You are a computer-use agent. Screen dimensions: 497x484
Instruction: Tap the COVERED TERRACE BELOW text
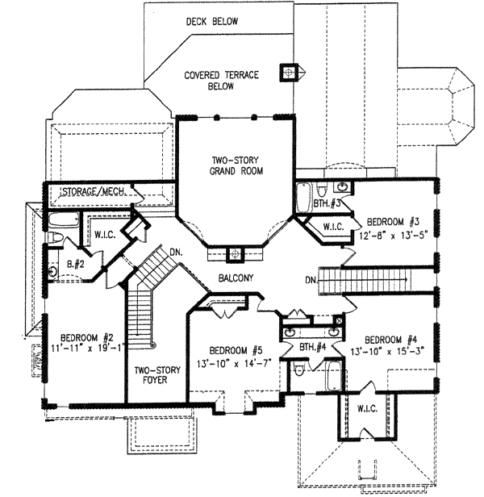point(220,80)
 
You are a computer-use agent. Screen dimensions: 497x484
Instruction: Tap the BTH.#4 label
point(312,348)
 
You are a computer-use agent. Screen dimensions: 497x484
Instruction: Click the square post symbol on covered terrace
point(286,73)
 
